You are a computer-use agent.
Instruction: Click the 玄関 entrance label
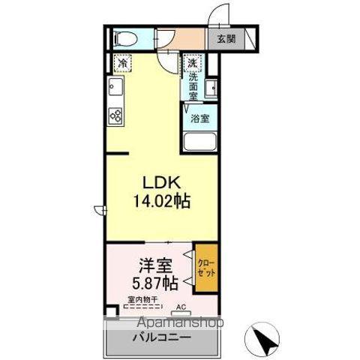[226, 40]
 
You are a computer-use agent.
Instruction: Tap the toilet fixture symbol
[124, 38]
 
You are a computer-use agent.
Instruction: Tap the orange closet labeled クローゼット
[206, 268]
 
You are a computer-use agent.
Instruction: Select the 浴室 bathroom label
[199, 118]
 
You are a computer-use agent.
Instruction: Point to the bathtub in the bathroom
[199, 142]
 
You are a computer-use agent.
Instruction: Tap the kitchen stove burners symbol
[116, 115]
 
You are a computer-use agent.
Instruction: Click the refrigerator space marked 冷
[121, 64]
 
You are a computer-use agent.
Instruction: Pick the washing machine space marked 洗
[193, 64]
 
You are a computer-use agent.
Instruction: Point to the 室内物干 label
[141, 300]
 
